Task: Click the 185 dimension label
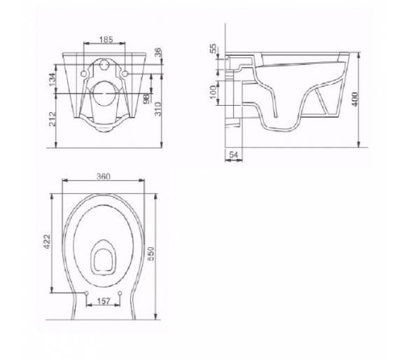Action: pos(106,39)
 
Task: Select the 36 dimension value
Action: pos(158,53)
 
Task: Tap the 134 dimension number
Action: pos(52,80)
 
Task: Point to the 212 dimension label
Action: pos(52,119)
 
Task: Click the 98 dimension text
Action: pos(147,97)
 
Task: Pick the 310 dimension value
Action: pos(158,109)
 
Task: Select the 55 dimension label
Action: pos(213,48)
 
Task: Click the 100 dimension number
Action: pos(213,92)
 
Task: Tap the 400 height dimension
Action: pos(355,99)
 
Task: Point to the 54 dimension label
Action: pos(234,155)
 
